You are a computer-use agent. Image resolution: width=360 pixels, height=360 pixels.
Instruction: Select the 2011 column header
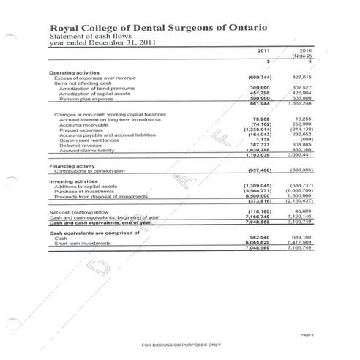click(x=263, y=51)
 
